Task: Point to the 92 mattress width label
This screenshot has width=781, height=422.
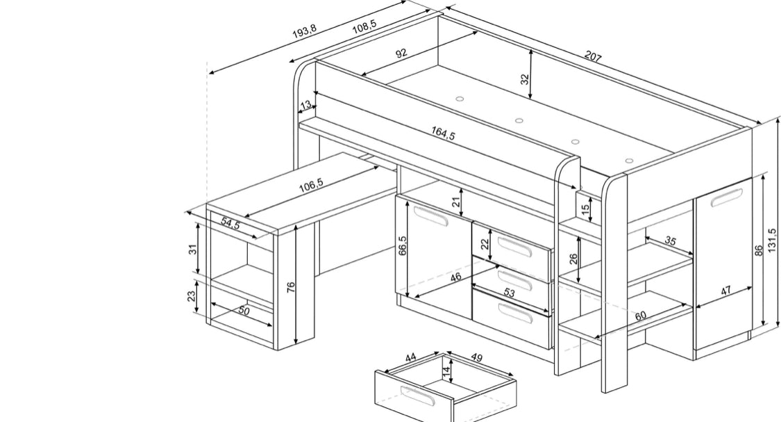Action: tap(401, 54)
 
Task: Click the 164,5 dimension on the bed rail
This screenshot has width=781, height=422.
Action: tap(443, 133)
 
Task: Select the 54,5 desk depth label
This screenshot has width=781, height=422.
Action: tap(230, 224)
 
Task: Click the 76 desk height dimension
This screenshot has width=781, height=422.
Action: tap(292, 287)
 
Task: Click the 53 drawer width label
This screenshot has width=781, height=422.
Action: tap(510, 292)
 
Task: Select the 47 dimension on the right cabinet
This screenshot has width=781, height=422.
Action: tap(726, 291)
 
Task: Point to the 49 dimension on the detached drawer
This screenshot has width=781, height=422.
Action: tap(476, 358)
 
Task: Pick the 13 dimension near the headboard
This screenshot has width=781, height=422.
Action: tap(305, 105)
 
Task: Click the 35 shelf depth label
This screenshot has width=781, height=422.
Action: tap(670, 241)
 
